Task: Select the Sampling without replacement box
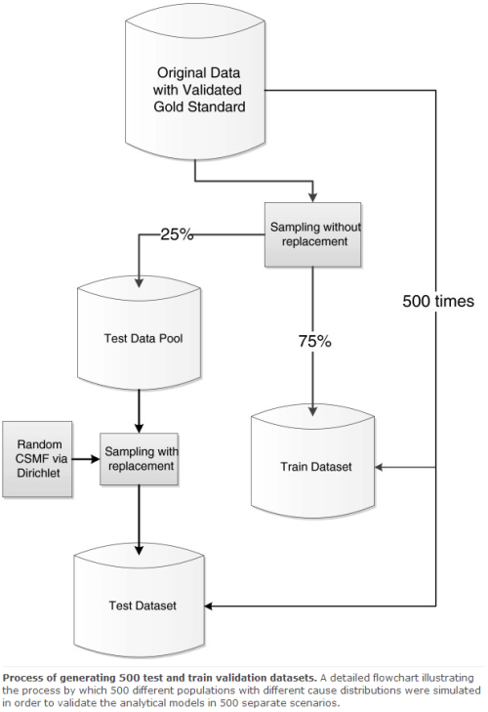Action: click(308, 234)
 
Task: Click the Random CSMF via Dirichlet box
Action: click(38, 458)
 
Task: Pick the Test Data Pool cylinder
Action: click(138, 338)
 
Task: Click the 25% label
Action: click(179, 234)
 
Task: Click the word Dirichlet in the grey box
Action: click(38, 476)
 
